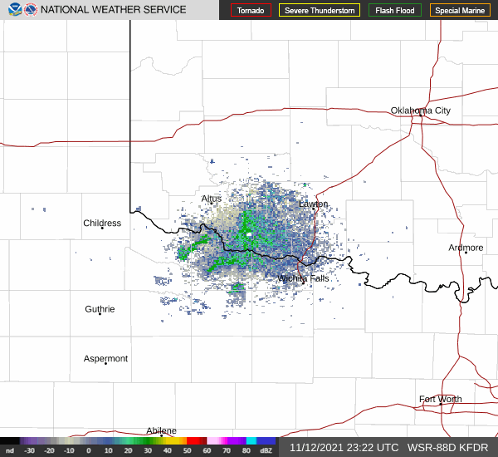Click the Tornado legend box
tap(251, 11)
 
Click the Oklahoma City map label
tap(421, 111)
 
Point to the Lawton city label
tap(314, 204)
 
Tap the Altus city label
tap(212, 199)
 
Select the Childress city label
tap(102, 223)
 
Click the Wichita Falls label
tap(304, 278)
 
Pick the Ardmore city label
tap(466, 248)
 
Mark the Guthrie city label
tap(100, 309)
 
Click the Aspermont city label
tap(106, 359)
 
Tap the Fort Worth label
tap(440, 400)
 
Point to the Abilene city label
tap(161, 430)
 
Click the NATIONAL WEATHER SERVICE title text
tap(114, 10)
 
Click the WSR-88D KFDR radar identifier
tap(447, 448)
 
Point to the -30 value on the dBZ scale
tap(30, 450)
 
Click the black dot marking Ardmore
tap(466, 253)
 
